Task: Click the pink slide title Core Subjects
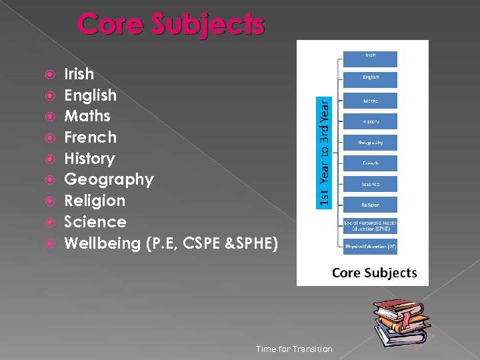pyautogui.click(x=171, y=24)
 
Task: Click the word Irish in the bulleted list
pyautogui.click(x=79, y=74)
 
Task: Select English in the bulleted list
pyautogui.click(x=90, y=95)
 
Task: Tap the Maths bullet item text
pyautogui.click(x=87, y=116)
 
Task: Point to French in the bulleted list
pyautogui.click(x=90, y=137)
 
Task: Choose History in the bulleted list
pyautogui.click(x=89, y=159)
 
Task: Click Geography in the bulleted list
pyautogui.click(x=109, y=180)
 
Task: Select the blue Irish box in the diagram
pyautogui.click(x=371, y=59)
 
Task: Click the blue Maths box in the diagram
pyautogui.click(x=371, y=101)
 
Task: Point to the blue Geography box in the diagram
pyautogui.click(x=371, y=142)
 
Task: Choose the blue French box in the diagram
pyautogui.click(x=371, y=163)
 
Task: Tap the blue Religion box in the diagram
pyautogui.click(x=371, y=205)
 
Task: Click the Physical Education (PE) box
pyautogui.click(x=371, y=247)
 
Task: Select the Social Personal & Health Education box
pyautogui.click(x=371, y=225)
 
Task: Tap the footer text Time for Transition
pyautogui.click(x=294, y=349)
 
